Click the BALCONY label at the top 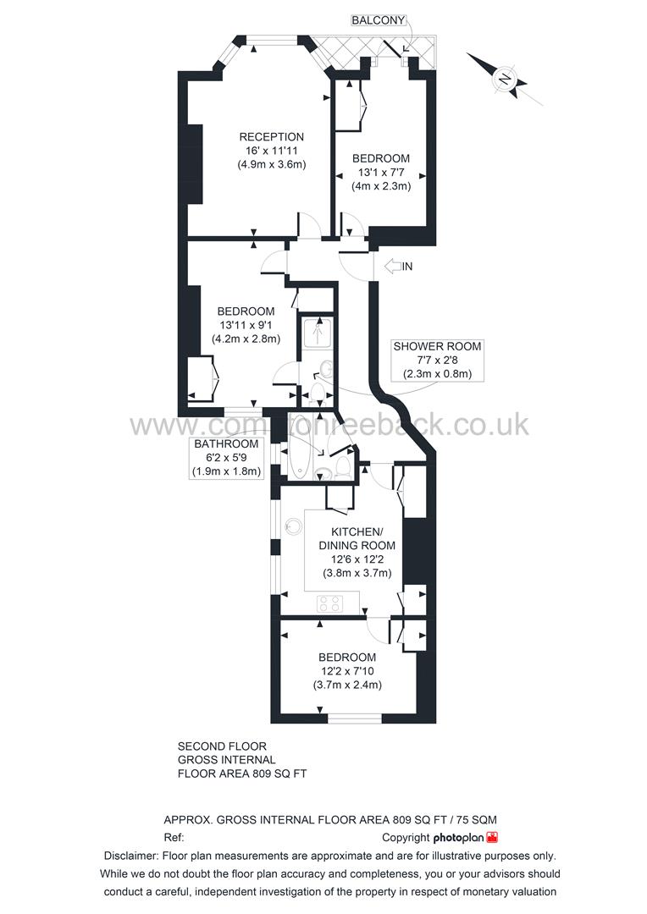click(x=379, y=20)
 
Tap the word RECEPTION click(x=271, y=137)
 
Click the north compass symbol click(x=506, y=80)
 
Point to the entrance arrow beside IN click(x=393, y=267)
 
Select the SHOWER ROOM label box click(x=436, y=360)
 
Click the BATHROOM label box click(x=226, y=458)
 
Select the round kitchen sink click(x=293, y=526)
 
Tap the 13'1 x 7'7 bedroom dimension click(x=381, y=173)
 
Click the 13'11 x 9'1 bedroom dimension click(x=246, y=325)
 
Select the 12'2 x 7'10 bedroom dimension click(x=347, y=672)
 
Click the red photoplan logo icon click(x=493, y=837)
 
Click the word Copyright click(x=406, y=838)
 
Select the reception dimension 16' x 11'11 click(x=271, y=151)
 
